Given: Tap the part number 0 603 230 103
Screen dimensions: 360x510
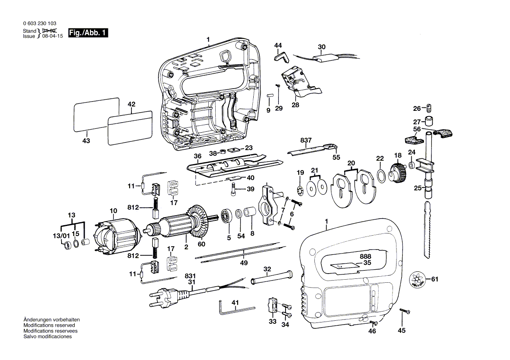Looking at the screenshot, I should pos(39,24).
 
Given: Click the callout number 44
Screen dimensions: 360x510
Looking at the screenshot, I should pos(278,45).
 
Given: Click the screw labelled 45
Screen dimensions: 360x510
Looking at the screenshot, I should pos(408,312).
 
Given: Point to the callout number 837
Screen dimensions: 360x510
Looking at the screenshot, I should pos(306,140).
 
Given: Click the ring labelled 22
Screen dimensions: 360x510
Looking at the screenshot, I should pos(380,176).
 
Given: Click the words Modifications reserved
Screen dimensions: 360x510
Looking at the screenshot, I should pos(49,326).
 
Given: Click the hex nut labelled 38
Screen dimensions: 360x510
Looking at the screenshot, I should pos(222,152).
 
